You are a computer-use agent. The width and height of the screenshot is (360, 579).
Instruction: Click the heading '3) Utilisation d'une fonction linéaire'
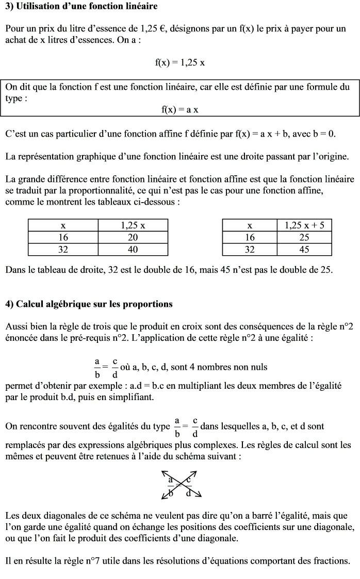[81, 6]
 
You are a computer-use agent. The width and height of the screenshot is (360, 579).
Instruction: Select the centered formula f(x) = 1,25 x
[180, 62]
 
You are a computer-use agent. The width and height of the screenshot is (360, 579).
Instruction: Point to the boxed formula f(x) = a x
[180, 109]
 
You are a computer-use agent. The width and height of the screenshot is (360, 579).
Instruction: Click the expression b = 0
[322, 134]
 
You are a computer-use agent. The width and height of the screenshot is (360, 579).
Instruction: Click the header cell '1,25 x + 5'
[304, 225]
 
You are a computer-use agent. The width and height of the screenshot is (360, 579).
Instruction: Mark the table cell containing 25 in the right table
[304, 238]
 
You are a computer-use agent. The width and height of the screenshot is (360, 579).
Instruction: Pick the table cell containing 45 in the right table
[304, 250]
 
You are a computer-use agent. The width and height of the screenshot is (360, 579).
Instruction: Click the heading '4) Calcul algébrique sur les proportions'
[89, 304]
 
